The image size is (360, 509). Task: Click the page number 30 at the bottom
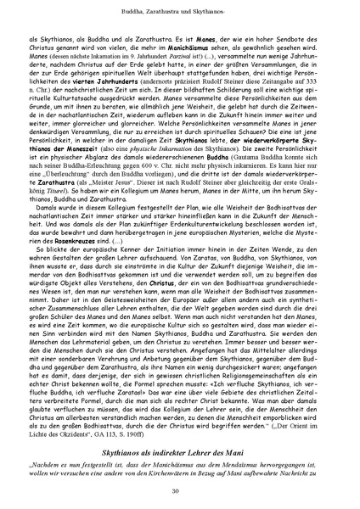pyautogui.click(x=180, y=491)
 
